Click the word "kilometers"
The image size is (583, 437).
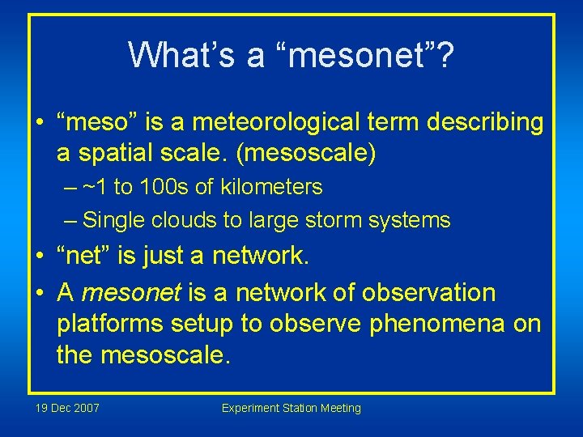(270, 188)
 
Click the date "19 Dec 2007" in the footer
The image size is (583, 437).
(68, 408)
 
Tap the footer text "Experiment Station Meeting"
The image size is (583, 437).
(291, 408)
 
